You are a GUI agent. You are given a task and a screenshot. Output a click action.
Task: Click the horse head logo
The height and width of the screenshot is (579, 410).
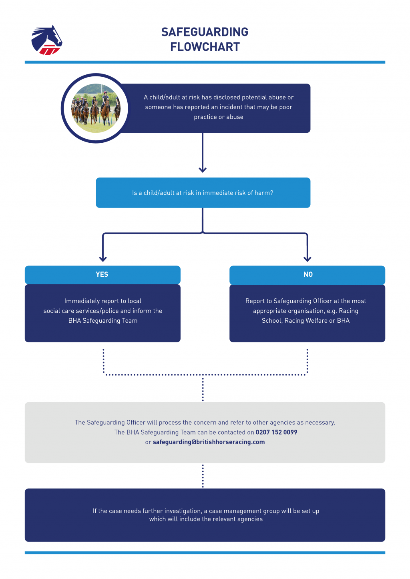point(47,40)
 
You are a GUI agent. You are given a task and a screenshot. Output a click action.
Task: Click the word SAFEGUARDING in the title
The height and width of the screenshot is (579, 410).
point(205,32)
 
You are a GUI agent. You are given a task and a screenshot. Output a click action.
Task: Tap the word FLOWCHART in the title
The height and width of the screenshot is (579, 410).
point(205,47)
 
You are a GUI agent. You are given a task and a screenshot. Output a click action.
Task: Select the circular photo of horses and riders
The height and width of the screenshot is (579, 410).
point(96,108)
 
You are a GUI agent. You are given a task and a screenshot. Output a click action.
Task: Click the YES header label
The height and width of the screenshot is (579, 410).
point(102,274)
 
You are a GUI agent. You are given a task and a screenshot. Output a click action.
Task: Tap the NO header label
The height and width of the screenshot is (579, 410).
point(308,274)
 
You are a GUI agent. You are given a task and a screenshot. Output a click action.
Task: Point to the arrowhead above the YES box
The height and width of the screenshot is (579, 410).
point(103,259)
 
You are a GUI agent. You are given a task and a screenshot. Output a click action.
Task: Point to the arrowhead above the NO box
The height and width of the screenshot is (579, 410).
point(307,259)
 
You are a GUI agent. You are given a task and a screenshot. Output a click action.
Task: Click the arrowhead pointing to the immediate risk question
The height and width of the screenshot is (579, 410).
point(203,170)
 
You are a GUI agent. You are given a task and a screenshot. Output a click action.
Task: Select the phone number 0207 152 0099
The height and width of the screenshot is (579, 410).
point(276,432)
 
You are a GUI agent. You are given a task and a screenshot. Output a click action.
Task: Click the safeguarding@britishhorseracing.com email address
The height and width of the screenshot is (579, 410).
point(209,442)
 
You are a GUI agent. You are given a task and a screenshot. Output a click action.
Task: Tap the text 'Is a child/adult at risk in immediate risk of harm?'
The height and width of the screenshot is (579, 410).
point(203,193)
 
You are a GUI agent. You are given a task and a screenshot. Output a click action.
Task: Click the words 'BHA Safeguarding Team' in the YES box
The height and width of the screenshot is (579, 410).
point(103,321)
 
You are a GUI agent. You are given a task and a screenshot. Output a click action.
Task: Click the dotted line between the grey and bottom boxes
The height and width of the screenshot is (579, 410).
point(203,476)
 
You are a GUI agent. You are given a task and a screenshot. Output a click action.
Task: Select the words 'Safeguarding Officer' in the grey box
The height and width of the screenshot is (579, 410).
point(116,423)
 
